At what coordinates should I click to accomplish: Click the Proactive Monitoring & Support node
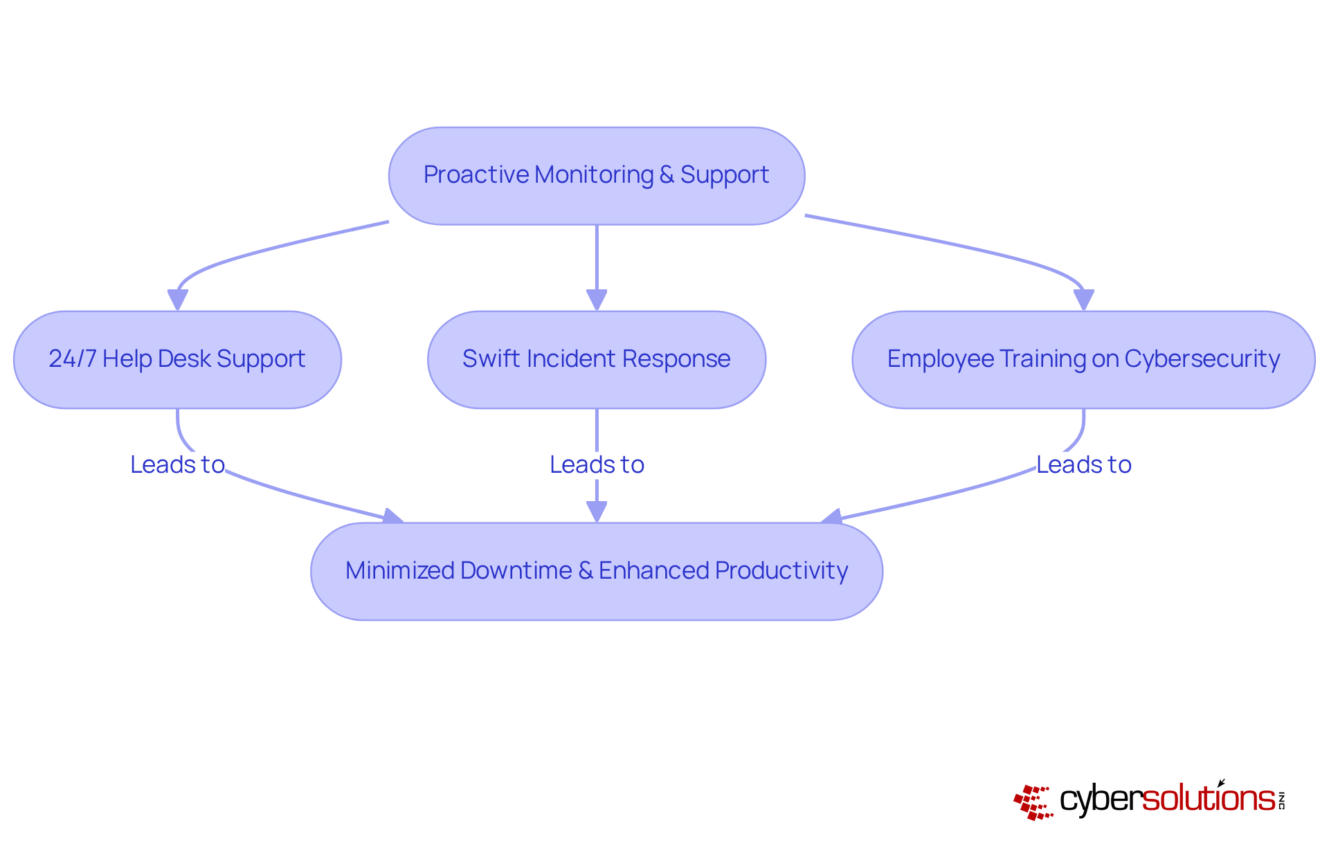point(596,176)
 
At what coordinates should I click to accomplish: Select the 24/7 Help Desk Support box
point(177,359)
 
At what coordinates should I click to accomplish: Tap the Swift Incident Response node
point(596,359)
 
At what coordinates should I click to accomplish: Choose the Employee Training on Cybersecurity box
point(1083,359)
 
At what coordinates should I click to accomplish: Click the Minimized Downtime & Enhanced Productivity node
point(596,571)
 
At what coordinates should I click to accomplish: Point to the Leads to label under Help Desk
point(177,464)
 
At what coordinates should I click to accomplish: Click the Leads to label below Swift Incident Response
point(597,464)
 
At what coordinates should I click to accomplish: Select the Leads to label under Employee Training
point(1083,464)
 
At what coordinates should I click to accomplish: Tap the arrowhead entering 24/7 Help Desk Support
point(178,300)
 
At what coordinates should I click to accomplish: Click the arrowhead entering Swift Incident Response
point(597,300)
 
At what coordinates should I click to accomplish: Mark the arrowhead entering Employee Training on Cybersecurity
point(1083,300)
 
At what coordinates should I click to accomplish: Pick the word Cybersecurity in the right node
point(1202,359)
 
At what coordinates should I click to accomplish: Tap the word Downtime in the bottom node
point(516,570)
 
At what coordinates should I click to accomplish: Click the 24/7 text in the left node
point(72,359)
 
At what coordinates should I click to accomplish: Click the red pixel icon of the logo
point(1032,802)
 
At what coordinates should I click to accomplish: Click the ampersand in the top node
point(667,175)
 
